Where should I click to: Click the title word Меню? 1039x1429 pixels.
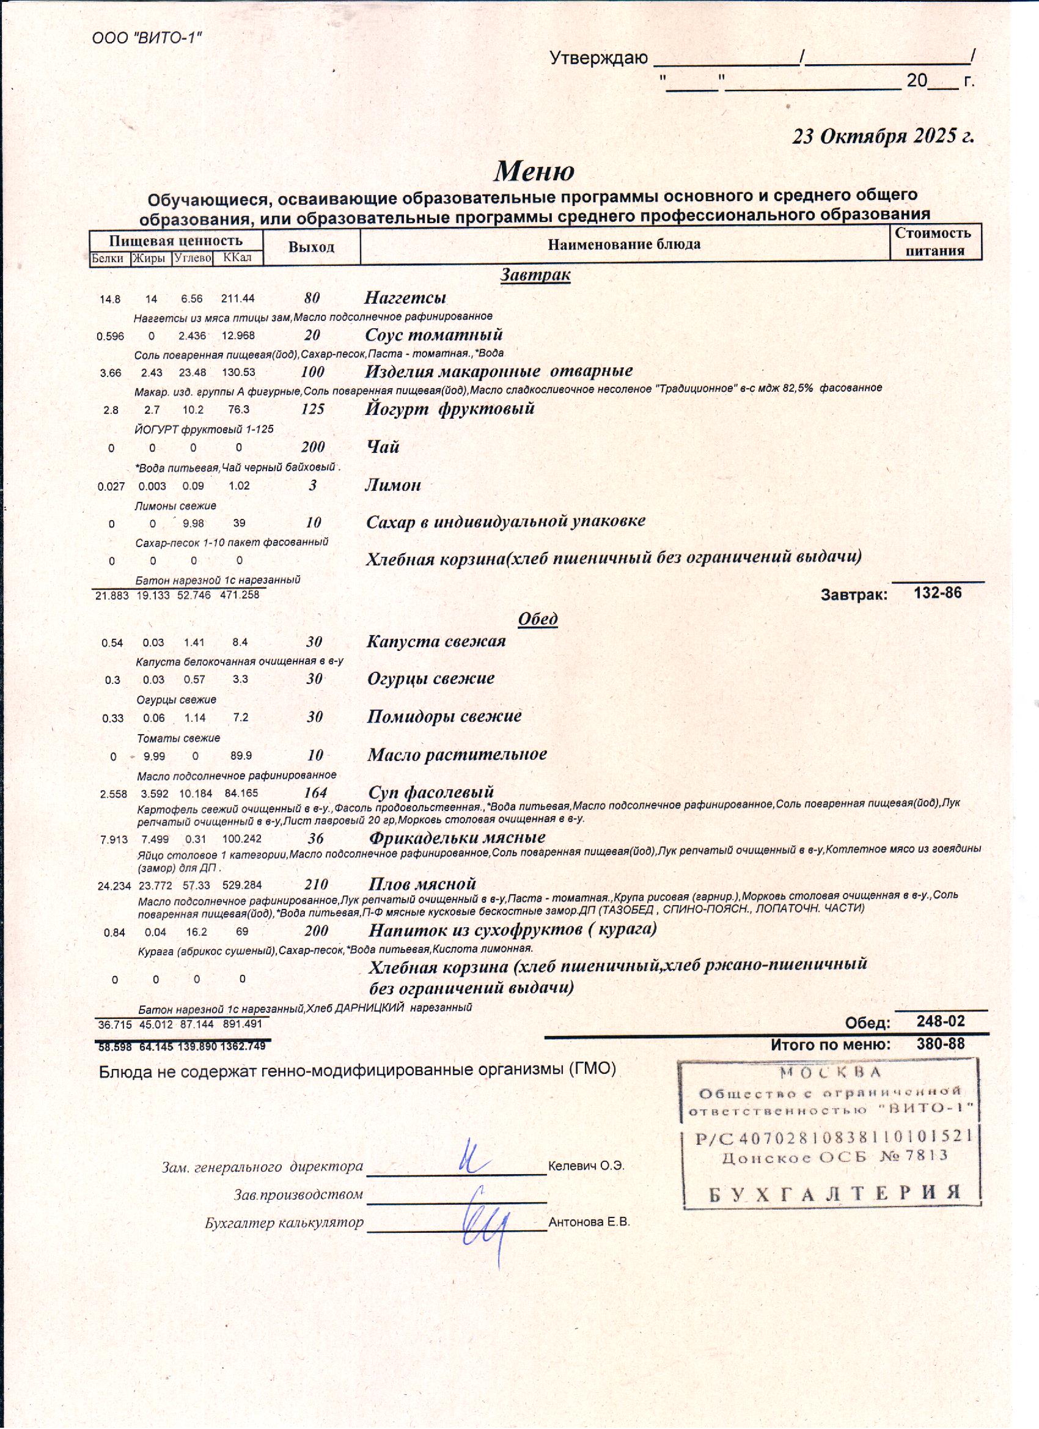[534, 171]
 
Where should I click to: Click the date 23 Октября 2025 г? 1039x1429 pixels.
[883, 136]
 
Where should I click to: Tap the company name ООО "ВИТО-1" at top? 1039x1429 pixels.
[147, 38]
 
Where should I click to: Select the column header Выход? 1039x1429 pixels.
[311, 247]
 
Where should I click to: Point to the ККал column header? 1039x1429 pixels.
[237, 258]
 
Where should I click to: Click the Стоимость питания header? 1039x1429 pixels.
[936, 242]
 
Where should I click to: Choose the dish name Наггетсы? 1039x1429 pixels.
[405, 298]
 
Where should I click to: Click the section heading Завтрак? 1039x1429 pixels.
[535, 274]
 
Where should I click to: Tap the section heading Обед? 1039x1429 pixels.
[537, 619]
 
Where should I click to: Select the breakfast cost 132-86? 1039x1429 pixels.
[938, 592]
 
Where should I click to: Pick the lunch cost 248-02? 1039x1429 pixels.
[941, 1021]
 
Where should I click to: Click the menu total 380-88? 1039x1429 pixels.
[941, 1043]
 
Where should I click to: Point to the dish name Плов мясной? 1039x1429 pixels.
[422, 884]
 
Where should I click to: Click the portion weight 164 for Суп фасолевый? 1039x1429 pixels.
[315, 793]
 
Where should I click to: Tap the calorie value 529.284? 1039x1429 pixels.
[242, 885]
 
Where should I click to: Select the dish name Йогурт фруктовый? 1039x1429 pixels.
[450, 408]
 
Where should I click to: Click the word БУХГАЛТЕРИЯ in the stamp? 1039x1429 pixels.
[834, 1192]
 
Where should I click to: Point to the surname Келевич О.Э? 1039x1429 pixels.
[586, 1166]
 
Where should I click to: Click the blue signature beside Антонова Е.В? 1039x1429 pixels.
[486, 1222]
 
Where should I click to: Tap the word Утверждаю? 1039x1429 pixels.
[598, 59]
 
